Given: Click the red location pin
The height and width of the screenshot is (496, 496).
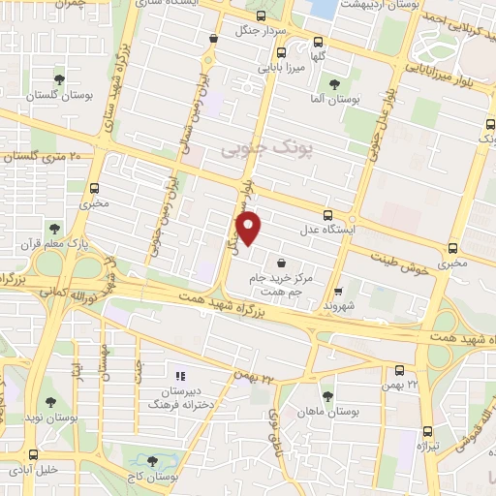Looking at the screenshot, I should pos(250,228).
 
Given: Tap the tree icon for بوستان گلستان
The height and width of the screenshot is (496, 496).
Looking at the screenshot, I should pos(61,80).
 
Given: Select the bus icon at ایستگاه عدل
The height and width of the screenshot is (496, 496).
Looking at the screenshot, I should pos(327,215).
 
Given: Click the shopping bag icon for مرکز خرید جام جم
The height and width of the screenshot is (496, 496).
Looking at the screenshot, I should pos(281,263).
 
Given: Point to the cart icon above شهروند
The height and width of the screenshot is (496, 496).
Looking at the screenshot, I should pos(337,290).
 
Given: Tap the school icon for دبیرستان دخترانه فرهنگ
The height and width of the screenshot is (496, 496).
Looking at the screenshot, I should pos(178,375).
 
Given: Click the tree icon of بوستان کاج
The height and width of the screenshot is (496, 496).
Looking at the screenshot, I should pos(150,462).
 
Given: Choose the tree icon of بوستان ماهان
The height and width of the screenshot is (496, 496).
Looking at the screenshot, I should pos(327,396).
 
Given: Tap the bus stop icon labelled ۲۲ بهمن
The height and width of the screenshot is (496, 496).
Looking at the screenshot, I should pos(400,369).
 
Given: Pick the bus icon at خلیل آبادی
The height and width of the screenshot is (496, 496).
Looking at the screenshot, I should pos(35,453).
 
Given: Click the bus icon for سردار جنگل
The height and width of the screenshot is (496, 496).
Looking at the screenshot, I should pos(213,39).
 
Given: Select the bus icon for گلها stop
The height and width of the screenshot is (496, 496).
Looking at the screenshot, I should pos(319,41).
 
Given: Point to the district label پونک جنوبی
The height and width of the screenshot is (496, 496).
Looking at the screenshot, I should pos(256,148).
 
